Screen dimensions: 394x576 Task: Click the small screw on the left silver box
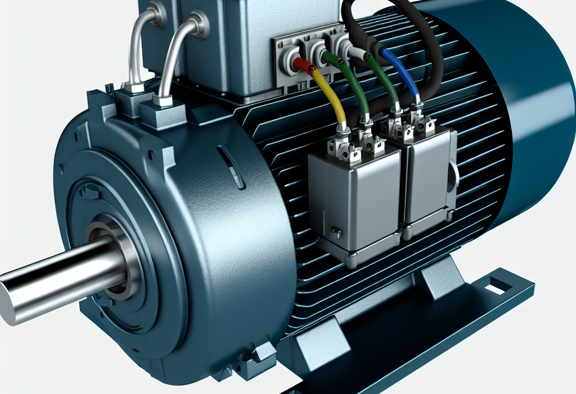click(x=335, y=230)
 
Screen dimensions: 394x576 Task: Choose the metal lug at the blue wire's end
click(x=417, y=113)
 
